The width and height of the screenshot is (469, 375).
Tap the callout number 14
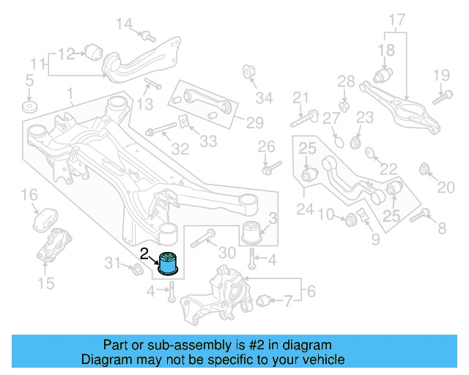tap(125, 25)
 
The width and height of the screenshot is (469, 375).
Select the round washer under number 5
tap(29, 108)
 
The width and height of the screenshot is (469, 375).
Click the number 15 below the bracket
tap(45, 283)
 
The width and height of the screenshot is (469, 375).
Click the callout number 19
tap(440, 75)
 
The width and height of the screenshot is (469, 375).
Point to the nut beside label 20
tap(424, 171)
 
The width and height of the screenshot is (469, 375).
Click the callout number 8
tap(441, 229)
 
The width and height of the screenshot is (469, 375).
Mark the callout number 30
tap(227, 253)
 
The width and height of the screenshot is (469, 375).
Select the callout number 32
tap(180, 150)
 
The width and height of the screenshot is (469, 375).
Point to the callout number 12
tap(67, 53)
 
